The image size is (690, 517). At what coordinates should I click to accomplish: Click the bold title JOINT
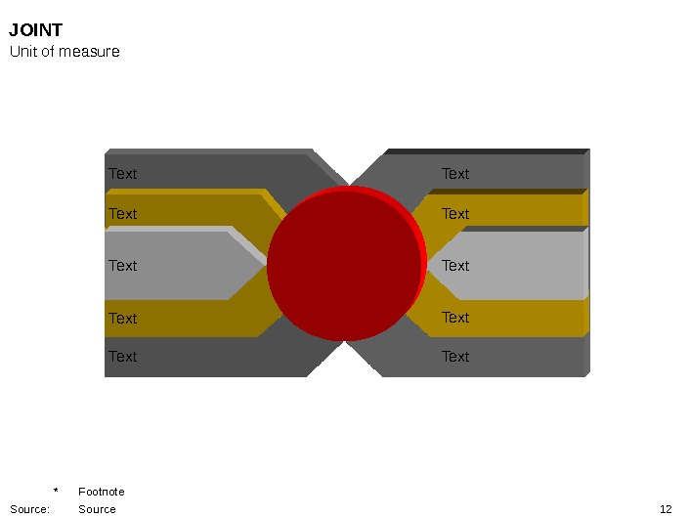coord(36,30)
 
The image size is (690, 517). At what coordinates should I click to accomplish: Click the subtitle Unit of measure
coord(65,51)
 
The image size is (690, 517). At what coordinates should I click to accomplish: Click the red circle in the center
coord(344,265)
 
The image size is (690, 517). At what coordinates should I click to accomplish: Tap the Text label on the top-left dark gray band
coord(122,174)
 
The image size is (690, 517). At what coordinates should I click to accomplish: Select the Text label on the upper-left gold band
coord(122,214)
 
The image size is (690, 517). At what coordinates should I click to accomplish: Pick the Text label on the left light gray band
coord(122,266)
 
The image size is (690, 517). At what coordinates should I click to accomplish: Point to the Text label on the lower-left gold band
coord(122,319)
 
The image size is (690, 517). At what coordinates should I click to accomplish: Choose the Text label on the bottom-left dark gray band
coord(122,357)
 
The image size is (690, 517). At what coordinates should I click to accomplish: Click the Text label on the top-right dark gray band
coord(455,174)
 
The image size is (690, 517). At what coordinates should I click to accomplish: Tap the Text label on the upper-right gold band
coord(455,214)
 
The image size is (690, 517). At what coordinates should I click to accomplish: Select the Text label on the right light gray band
coord(455,266)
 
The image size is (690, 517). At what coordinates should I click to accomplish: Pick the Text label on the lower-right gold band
coord(455,318)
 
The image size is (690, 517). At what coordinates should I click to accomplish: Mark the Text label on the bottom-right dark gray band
coord(455,357)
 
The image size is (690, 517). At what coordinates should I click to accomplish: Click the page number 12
coord(666,509)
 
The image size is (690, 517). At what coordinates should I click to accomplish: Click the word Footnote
coord(102,492)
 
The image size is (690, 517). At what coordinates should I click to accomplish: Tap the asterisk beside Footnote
coord(56,491)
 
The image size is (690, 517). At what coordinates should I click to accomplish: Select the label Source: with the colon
coord(29,509)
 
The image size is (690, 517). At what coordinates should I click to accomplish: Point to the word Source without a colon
coord(97,509)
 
